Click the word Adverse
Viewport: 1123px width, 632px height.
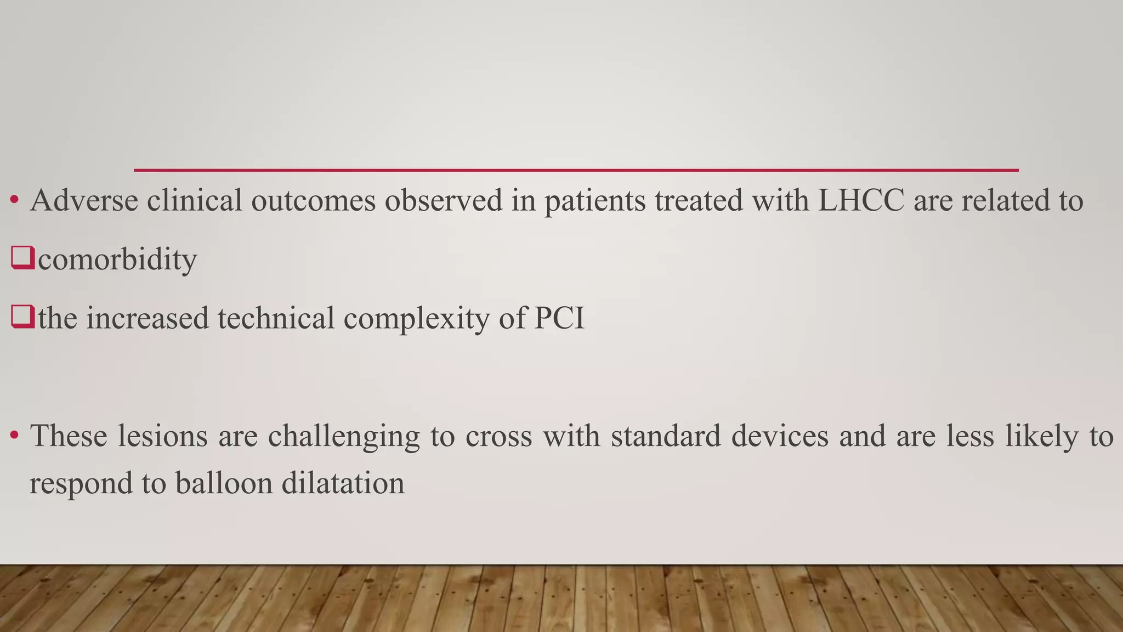point(84,200)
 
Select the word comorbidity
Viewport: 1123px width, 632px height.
point(117,259)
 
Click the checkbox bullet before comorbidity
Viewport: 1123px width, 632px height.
point(22,258)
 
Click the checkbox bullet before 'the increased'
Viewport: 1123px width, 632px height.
point(22,317)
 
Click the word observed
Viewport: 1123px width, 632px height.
point(444,200)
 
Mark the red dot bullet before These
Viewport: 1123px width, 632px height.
point(15,436)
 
